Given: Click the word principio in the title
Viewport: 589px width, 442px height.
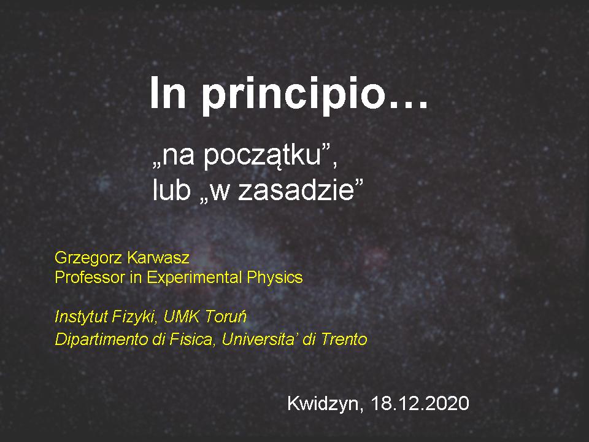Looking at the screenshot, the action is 294,96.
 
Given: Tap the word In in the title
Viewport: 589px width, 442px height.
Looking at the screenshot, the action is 168,93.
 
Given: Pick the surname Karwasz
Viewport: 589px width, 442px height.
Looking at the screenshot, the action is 158,258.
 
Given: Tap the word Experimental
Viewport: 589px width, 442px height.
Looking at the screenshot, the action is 194,278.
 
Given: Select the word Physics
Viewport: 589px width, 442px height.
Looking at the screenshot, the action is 275,278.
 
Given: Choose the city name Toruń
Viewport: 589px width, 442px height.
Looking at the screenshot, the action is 226,317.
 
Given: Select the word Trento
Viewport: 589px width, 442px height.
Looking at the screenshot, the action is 344,339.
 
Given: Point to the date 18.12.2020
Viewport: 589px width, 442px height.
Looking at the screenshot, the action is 420,403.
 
